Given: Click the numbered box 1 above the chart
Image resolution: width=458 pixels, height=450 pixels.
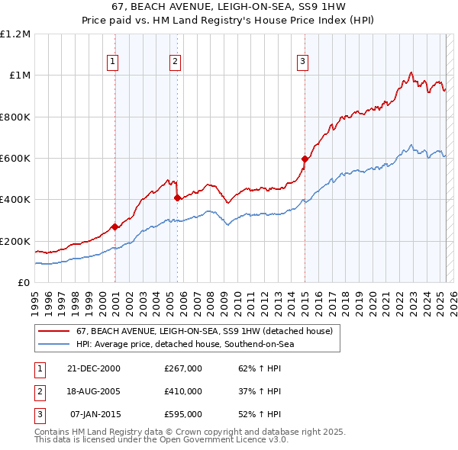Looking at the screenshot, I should tap(113, 62).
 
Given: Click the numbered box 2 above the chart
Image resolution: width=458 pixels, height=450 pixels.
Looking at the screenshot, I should tap(176, 62).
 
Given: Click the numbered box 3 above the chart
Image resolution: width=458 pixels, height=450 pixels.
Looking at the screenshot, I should tap(302, 62).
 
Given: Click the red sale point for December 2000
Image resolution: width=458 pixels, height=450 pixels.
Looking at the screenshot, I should tap(114, 227).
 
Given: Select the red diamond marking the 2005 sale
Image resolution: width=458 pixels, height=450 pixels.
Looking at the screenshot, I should tap(177, 198).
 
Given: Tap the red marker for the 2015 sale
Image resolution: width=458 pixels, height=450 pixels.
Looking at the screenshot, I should tap(305, 159).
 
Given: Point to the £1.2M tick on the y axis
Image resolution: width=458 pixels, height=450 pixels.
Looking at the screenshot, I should tap(15, 34).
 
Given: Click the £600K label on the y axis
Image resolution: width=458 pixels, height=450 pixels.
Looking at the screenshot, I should tap(15, 159).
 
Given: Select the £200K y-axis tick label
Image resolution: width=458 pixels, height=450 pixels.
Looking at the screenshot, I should tap(15, 241).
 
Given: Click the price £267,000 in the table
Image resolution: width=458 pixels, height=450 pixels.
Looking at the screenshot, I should tap(183, 368).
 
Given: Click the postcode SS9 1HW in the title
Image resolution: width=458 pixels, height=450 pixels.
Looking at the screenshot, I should tap(320, 7).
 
